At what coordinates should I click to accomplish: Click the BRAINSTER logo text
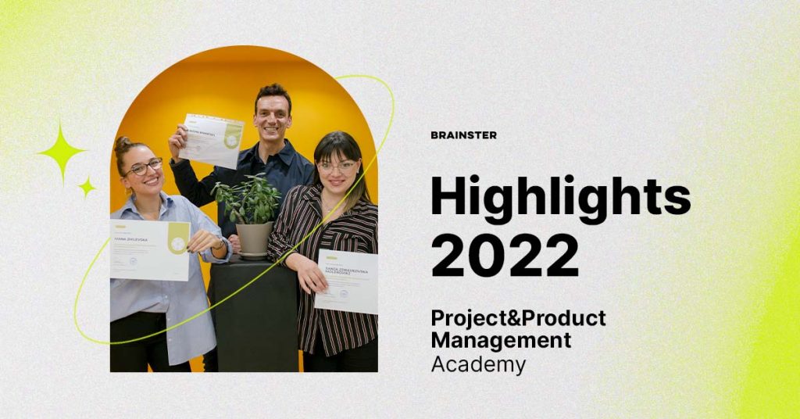463,135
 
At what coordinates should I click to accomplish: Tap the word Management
501,341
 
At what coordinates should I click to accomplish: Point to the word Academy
478,364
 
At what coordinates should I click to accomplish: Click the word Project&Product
518,318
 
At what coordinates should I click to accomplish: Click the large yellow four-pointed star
62,151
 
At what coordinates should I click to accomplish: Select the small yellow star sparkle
87,187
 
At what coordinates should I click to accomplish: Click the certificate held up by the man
212,141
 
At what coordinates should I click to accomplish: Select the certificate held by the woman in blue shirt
149,249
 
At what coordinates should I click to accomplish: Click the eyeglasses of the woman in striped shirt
337,167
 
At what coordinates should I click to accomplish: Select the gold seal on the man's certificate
232,138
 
